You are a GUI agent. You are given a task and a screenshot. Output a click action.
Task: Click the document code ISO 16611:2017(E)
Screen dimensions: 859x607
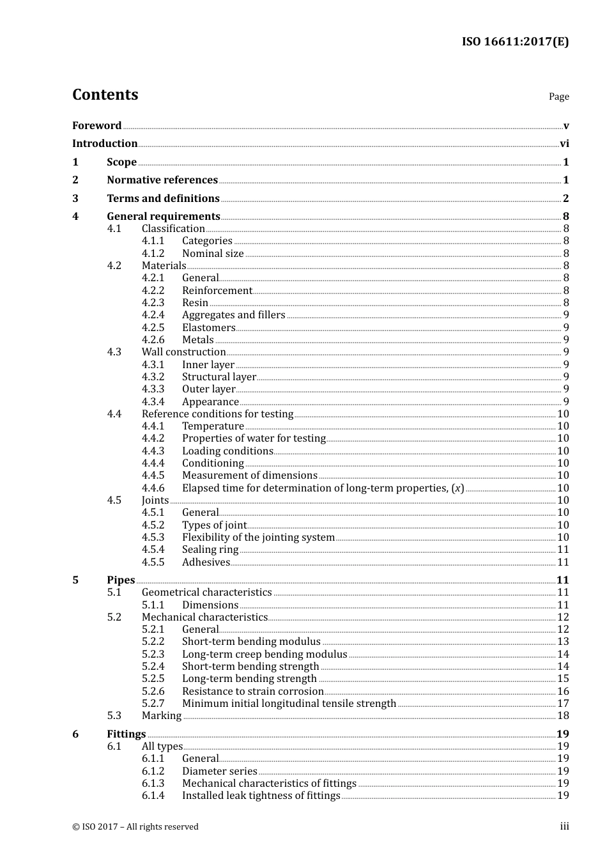click(x=515, y=42)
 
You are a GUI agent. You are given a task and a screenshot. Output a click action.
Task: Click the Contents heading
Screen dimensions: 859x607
click(x=105, y=95)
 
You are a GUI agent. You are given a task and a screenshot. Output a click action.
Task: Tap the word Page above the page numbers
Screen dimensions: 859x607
click(x=558, y=97)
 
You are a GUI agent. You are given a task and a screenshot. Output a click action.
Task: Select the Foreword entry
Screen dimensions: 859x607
click(x=96, y=126)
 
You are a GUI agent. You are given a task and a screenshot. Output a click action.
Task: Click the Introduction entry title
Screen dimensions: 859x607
click(x=105, y=144)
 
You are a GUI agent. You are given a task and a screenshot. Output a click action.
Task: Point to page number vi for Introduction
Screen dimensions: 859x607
click(x=564, y=144)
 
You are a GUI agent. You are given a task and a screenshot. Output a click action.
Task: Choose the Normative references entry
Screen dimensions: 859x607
click(x=162, y=180)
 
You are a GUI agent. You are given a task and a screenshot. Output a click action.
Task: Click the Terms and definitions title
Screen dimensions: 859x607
click(x=163, y=199)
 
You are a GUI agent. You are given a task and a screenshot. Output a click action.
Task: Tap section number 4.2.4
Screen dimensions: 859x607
click(x=153, y=315)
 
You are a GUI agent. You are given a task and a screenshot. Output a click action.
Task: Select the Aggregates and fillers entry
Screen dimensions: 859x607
click(x=233, y=315)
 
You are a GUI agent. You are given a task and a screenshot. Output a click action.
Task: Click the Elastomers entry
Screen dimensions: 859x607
click(x=208, y=328)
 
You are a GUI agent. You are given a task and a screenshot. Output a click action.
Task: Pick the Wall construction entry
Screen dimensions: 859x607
click(x=183, y=352)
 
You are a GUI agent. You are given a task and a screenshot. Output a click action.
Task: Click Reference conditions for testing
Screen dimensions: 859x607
click(x=217, y=414)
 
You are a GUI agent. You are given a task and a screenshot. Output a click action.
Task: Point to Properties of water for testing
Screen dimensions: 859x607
click(x=254, y=438)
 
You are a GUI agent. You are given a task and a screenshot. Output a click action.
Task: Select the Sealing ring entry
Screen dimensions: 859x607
click(x=210, y=550)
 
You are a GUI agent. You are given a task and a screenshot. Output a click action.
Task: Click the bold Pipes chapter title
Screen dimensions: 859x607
click(x=121, y=580)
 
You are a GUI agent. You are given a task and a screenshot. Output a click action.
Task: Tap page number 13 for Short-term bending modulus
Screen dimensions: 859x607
click(x=563, y=642)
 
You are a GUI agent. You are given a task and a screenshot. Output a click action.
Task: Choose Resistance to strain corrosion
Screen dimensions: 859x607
click(x=252, y=692)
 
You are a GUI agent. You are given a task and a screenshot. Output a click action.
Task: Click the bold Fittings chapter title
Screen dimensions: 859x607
click(x=126, y=734)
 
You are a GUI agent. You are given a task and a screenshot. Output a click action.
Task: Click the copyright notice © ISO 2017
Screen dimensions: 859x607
click(x=135, y=827)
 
